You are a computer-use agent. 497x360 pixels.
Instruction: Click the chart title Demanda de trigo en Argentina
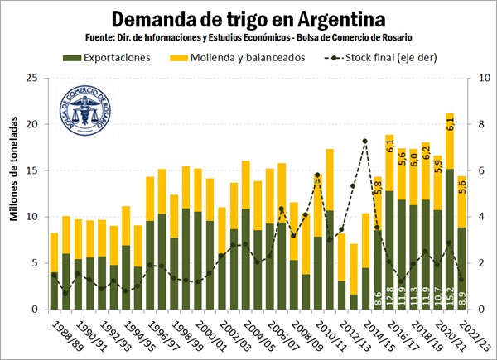[x=248, y=18]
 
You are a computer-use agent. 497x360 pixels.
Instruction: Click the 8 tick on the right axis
[x=471, y=124]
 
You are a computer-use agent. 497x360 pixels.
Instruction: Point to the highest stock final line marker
[x=365, y=142]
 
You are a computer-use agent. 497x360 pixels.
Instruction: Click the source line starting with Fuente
[x=248, y=38]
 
